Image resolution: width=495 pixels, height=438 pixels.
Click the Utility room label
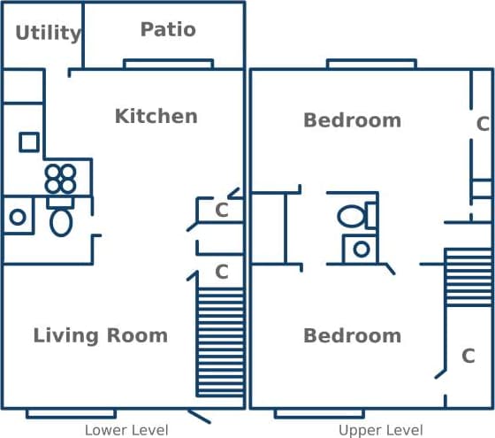[x=48, y=34]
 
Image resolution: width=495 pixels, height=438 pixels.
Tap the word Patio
[x=168, y=29]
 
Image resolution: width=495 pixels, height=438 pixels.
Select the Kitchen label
[x=156, y=116]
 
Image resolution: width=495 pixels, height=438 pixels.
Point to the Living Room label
[x=100, y=335]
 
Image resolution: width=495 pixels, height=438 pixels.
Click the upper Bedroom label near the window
[x=352, y=119]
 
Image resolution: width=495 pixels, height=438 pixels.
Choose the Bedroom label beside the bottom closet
[x=352, y=335]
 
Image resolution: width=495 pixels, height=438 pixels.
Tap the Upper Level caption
[x=380, y=430]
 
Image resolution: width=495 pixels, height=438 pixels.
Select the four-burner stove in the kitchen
[x=61, y=179]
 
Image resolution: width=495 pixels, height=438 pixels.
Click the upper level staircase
[x=468, y=277]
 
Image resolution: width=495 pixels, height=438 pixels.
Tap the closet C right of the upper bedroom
[x=483, y=124]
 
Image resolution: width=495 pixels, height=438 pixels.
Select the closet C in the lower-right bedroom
[x=468, y=356]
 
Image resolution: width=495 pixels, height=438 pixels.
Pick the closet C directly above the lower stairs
[x=222, y=272]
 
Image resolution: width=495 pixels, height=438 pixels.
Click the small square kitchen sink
[x=29, y=142]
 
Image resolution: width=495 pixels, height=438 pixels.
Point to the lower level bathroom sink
[x=17, y=216]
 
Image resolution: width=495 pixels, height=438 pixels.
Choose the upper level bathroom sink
[x=361, y=249]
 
